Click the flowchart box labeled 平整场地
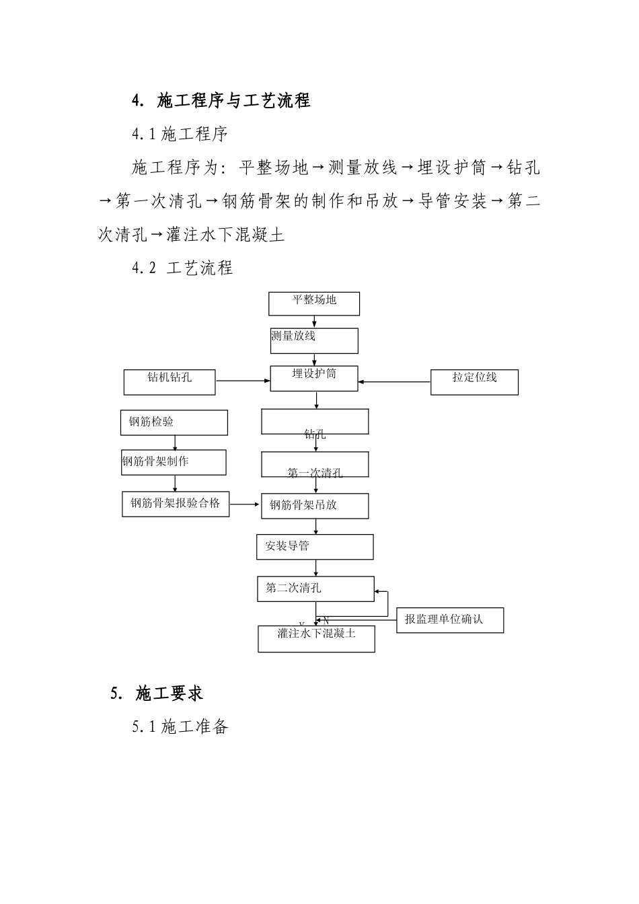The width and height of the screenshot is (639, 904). (314, 303)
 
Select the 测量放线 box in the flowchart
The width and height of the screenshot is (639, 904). (314, 340)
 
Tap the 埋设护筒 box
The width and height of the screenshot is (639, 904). (314, 378)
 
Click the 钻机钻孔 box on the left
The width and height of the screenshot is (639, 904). (170, 382)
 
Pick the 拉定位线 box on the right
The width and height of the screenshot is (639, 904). (474, 382)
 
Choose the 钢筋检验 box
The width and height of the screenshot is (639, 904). (174, 422)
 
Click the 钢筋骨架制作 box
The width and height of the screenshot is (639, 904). (174, 462)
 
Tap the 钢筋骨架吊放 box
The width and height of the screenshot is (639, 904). (315, 506)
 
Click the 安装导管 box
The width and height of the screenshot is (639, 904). (315, 547)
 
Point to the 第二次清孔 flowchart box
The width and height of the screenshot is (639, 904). (315, 589)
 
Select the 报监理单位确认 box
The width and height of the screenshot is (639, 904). (449, 619)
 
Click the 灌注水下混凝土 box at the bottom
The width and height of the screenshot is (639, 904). (316, 638)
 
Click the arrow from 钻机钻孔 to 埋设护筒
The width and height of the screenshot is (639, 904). (243, 381)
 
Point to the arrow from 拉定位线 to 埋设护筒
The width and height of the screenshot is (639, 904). (394, 382)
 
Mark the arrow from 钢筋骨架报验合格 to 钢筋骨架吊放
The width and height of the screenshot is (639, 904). (246, 503)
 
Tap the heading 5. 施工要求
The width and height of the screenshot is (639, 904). (157, 693)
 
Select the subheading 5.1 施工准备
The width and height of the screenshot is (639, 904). (180, 727)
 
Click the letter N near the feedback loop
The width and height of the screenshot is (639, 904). (326, 620)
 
